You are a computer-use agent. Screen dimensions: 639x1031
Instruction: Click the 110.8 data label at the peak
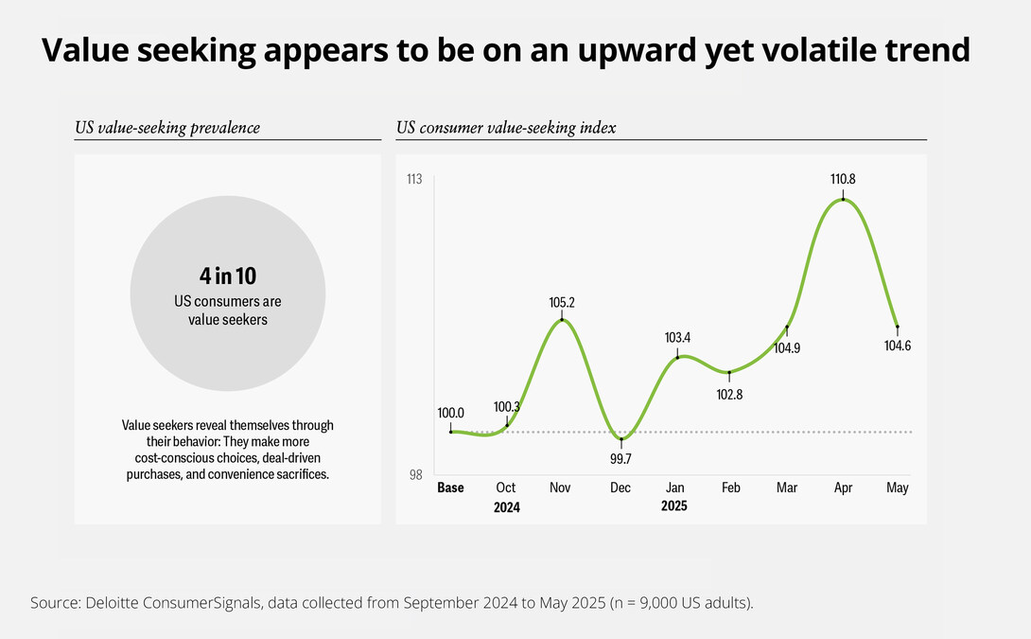click(x=842, y=179)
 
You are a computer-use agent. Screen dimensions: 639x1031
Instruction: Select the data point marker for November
click(x=562, y=320)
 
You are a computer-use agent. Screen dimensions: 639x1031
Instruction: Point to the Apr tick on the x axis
click(x=843, y=488)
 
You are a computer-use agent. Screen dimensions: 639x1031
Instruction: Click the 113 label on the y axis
click(x=413, y=180)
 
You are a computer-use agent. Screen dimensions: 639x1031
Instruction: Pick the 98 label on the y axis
click(x=416, y=475)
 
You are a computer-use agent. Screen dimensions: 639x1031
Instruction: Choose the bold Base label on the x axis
click(x=450, y=488)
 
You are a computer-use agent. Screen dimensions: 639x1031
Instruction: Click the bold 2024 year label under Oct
click(x=507, y=507)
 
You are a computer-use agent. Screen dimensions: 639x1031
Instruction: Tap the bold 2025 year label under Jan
click(x=674, y=506)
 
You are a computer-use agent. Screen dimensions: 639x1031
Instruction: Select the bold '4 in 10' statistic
click(x=227, y=276)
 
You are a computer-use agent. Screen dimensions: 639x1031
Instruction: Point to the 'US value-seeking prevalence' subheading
click(x=166, y=127)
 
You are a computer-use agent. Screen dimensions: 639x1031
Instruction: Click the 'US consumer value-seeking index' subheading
click(x=506, y=127)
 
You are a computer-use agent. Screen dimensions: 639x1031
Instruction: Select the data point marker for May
click(x=897, y=327)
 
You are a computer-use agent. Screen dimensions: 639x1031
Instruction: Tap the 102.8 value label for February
click(x=730, y=394)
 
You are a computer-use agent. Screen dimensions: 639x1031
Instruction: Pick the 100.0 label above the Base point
click(x=450, y=413)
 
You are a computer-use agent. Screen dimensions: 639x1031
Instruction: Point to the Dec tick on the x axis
click(x=620, y=488)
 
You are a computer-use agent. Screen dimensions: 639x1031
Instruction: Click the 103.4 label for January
click(x=677, y=337)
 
